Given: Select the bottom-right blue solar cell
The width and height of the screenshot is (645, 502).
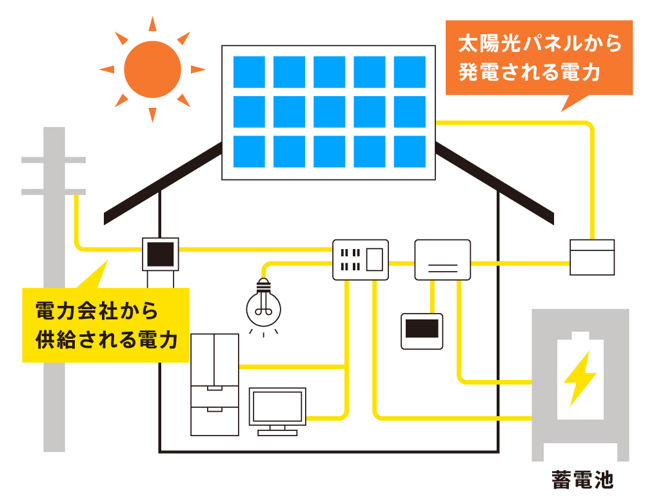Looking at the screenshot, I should pyautogui.click(x=410, y=152).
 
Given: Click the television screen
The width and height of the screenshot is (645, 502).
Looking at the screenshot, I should pyautogui.click(x=277, y=407).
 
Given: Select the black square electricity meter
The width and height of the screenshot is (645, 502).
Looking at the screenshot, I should pyautogui.click(x=160, y=255).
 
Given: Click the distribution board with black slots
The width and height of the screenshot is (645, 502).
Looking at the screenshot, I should pyautogui.click(x=361, y=259).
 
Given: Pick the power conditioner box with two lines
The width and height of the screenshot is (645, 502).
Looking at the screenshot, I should pyautogui.click(x=442, y=259).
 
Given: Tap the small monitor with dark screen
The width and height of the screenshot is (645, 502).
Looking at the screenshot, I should pyautogui.click(x=422, y=330).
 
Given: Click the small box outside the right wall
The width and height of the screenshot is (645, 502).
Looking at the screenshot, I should pyautogui.click(x=592, y=257).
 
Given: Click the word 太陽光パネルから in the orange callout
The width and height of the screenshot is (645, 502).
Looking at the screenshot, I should pyautogui.click(x=539, y=45).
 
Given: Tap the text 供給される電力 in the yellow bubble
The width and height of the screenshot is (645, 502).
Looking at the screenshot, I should pyautogui.click(x=106, y=339).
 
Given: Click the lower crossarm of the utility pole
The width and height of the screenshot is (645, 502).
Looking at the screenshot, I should pyautogui.click(x=54, y=192).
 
